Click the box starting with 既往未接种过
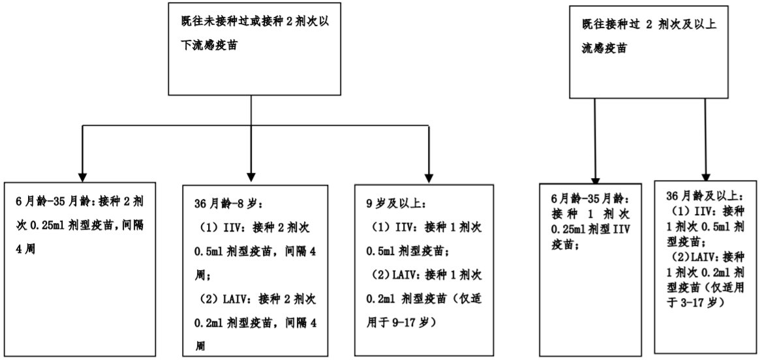pyautogui.click(x=251, y=49)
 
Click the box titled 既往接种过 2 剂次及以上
pyautogui.click(x=648, y=52)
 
